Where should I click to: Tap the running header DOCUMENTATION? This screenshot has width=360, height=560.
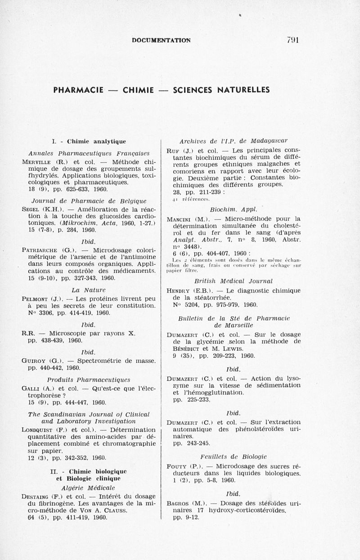pos(162,40)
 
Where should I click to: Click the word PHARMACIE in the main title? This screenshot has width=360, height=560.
pos(79,90)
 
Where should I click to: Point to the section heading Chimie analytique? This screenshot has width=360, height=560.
pos(96,141)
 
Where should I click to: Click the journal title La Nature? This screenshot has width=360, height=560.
pos(88,290)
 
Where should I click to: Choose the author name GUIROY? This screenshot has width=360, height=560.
pos(34,361)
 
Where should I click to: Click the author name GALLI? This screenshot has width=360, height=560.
pos(31,388)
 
